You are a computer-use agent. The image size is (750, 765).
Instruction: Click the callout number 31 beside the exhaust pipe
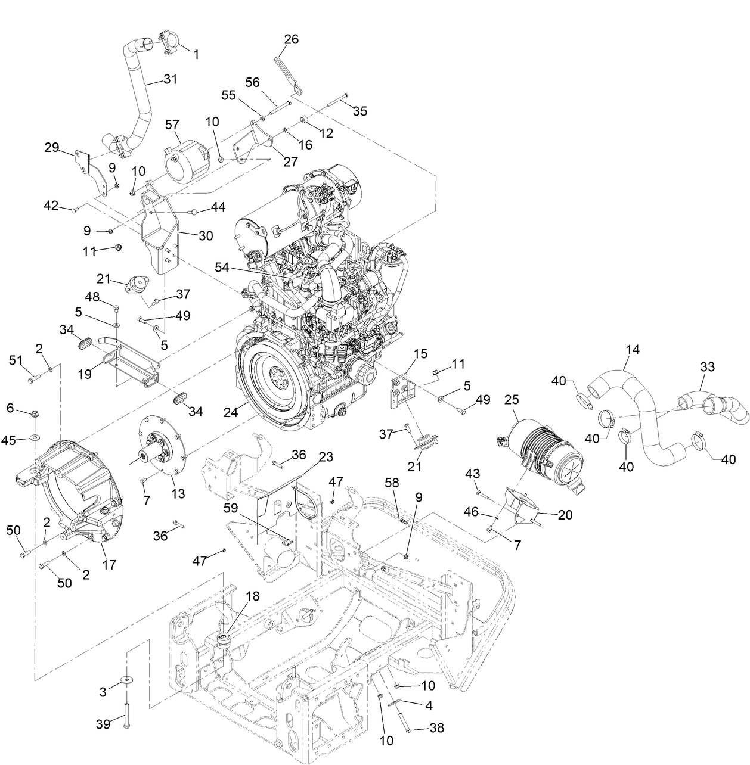click(171, 79)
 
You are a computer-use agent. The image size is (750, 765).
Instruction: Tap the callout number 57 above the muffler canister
click(172, 124)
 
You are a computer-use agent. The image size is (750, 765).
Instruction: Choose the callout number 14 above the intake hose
click(632, 349)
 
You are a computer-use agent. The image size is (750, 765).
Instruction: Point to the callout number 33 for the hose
click(707, 368)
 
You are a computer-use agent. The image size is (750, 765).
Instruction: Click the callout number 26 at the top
click(292, 39)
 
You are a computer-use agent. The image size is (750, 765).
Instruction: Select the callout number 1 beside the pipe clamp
click(196, 54)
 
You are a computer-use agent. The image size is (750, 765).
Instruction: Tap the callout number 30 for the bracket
click(206, 236)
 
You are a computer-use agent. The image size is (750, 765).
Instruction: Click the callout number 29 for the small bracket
click(52, 147)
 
